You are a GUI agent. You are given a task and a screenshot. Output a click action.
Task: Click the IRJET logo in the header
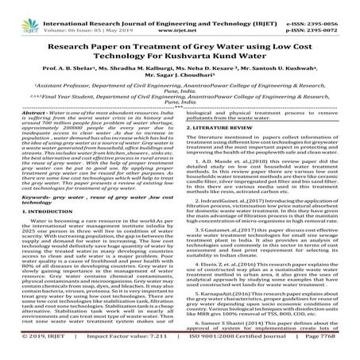[17, 15]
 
